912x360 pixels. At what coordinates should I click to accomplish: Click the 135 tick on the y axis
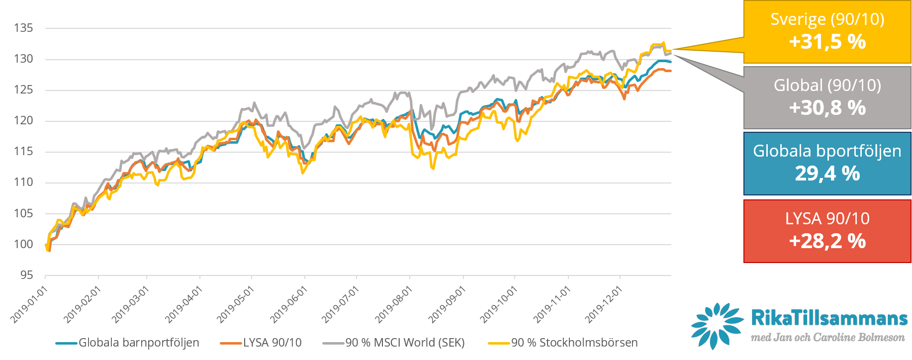click(x=23, y=28)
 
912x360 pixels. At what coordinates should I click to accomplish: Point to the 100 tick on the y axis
click(x=23, y=244)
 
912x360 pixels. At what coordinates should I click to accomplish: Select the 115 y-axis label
click(x=23, y=152)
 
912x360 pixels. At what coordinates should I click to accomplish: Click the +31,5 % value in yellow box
click(x=827, y=42)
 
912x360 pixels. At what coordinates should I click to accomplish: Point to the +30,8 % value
click(x=827, y=108)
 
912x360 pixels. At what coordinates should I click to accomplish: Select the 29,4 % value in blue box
click(x=827, y=174)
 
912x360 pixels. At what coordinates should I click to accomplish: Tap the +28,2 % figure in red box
click(x=827, y=241)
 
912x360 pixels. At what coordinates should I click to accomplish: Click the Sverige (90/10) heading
click(x=827, y=19)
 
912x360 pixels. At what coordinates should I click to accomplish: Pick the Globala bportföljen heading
click(x=827, y=151)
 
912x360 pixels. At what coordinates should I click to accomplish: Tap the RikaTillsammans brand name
click(x=829, y=318)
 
